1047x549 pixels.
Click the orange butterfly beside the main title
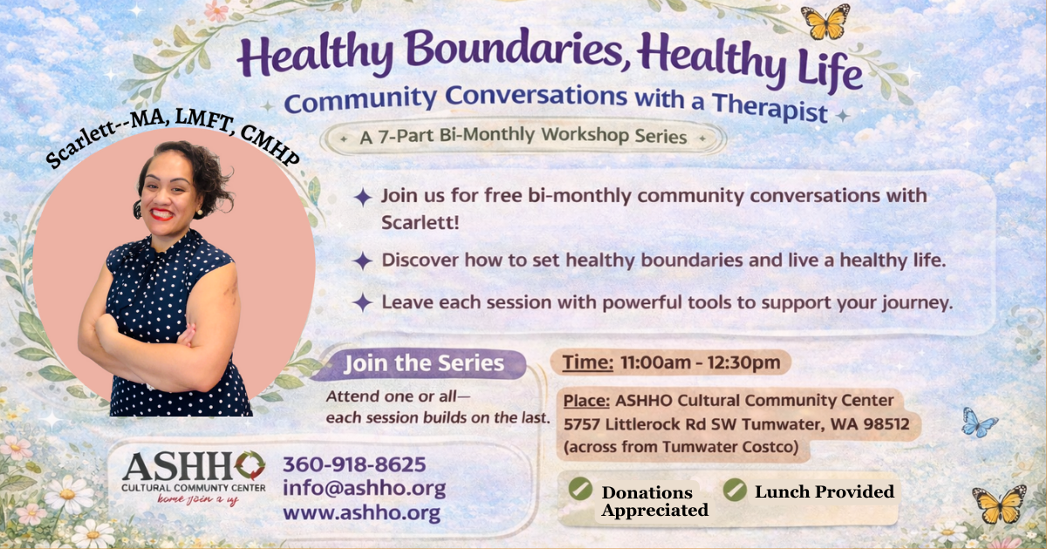click(825, 22)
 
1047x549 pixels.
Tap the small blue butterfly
click(978, 424)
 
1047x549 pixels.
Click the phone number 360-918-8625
click(354, 464)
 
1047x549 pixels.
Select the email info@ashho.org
click(364, 488)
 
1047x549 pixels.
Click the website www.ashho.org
click(361, 512)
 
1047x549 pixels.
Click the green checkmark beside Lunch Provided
click(736, 490)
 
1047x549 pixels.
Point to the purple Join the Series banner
click(423, 364)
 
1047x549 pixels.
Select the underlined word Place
click(586, 401)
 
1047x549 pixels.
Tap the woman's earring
click(137, 209)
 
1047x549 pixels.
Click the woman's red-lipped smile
click(161, 213)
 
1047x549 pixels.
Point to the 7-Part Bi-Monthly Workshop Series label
click(523, 137)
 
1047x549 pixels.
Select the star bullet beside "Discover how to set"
click(362, 261)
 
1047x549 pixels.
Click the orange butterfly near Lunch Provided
click(999, 504)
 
